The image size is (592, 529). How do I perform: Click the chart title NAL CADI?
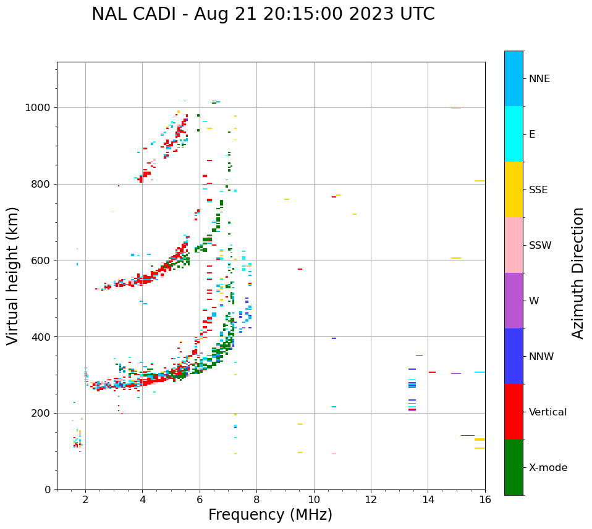pyautogui.click(x=137, y=14)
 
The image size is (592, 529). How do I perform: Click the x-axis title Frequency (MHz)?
pyautogui.click(x=270, y=515)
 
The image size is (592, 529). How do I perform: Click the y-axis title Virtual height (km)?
pyautogui.click(x=13, y=275)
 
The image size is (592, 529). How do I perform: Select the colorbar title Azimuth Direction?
pyautogui.click(x=578, y=273)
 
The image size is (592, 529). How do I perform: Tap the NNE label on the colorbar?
pyautogui.click(x=539, y=79)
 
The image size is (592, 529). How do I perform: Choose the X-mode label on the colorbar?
pyautogui.click(x=548, y=468)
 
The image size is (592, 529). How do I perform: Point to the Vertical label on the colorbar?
pyautogui.click(x=548, y=412)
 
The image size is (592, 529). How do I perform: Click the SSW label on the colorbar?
pyautogui.click(x=540, y=246)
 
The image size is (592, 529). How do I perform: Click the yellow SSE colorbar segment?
pyautogui.click(x=514, y=190)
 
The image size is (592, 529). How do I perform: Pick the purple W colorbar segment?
pyautogui.click(x=514, y=301)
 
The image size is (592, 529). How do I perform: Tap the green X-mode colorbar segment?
pyautogui.click(x=514, y=467)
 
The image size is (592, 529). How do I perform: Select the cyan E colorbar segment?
pyautogui.click(x=514, y=134)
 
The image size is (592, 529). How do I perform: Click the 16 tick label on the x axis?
pyautogui.click(x=485, y=499)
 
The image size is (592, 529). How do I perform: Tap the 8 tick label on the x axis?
pyautogui.click(x=256, y=499)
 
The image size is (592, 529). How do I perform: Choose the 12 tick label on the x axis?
pyautogui.click(x=371, y=499)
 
